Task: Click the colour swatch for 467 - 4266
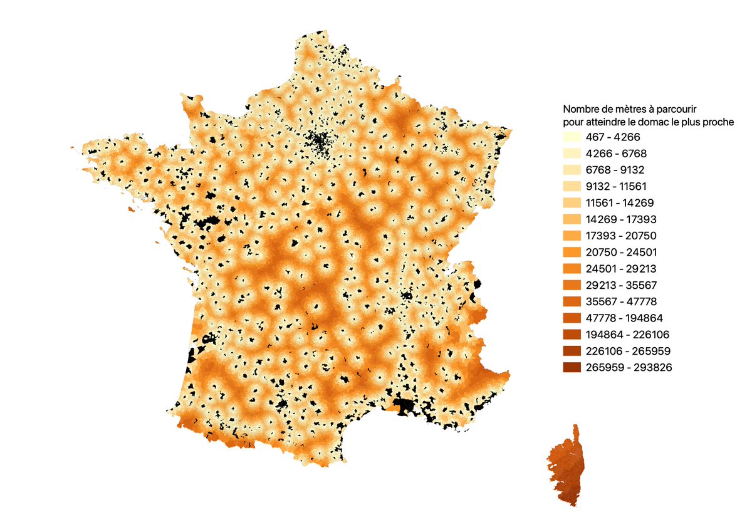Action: pos(571,137)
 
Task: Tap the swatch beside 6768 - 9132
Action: pos(571,170)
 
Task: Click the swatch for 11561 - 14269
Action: pos(571,203)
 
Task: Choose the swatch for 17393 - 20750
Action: pos(571,236)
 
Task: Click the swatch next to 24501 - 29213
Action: pos(571,269)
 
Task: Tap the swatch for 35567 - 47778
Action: pos(571,302)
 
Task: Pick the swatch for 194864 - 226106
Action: pos(571,335)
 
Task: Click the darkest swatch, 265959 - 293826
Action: pos(571,368)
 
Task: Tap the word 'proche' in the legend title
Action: pos(719,122)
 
